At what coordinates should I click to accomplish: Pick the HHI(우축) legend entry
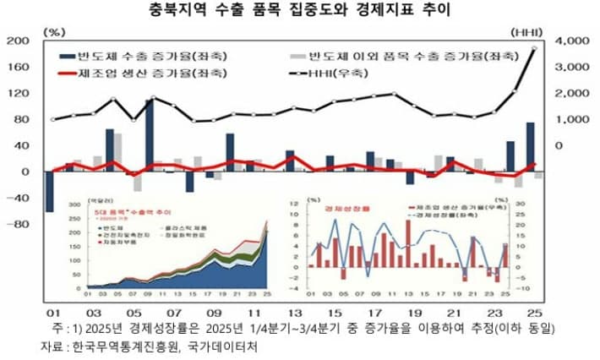[334, 74]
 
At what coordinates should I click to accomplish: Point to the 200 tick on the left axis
[18, 41]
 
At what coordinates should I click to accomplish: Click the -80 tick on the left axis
[18, 225]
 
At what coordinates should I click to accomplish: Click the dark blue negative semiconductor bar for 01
[49, 192]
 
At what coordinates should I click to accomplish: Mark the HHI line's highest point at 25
[534, 48]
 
